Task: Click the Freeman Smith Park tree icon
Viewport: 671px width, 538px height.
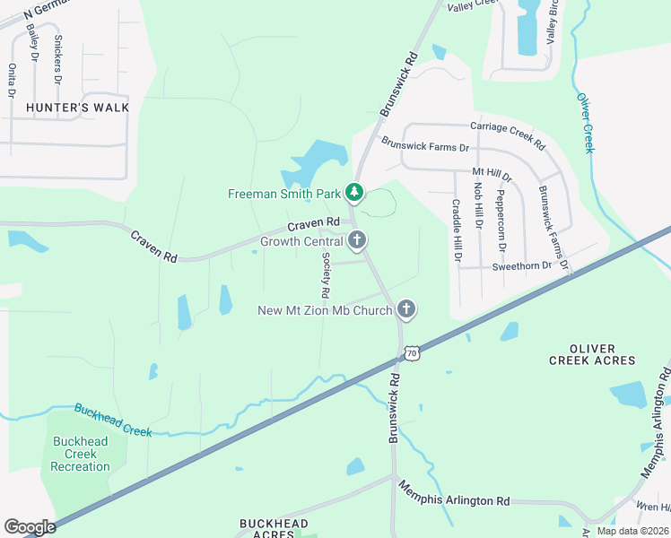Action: pos(354,192)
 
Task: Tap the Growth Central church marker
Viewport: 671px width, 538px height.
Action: pos(357,240)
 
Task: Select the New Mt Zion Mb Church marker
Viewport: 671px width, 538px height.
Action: pos(405,310)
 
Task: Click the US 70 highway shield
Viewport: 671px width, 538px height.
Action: pos(411,352)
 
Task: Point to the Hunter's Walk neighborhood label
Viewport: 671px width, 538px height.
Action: pos(77,108)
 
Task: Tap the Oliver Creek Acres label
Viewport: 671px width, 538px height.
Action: pos(591,354)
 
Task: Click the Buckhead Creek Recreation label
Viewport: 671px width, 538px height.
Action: pos(80,454)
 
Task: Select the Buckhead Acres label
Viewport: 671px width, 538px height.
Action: pos(274,528)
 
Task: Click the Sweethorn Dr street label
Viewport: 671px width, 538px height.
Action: pos(520,267)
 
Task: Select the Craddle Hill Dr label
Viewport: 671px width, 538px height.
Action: pos(457,230)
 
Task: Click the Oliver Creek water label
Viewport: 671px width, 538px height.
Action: pos(585,123)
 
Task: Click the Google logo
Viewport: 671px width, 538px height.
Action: pos(29,526)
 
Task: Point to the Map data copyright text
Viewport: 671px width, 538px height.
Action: pos(631,531)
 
